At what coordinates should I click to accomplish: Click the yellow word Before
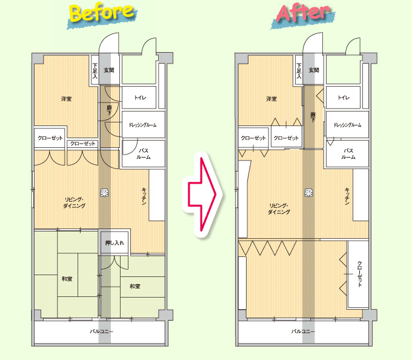pyautogui.click(x=102, y=13)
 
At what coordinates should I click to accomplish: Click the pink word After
pyautogui.click(x=303, y=13)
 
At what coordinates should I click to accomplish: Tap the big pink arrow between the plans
pyautogui.click(x=202, y=194)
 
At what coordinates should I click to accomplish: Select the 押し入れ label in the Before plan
pyautogui.click(x=115, y=243)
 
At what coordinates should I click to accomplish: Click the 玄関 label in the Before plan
pyautogui.click(x=109, y=70)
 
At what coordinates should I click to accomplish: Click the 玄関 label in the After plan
pyautogui.click(x=314, y=70)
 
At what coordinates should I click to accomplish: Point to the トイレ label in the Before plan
pyautogui.click(x=140, y=98)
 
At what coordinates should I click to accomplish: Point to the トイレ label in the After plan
pyautogui.click(x=344, y=98)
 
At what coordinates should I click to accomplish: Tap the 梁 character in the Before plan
pyautogui.click(x=104, y=193)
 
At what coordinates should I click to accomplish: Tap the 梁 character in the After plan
pyautogui.click(x=309, y=193)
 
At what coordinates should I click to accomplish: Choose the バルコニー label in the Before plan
pyautogui.click(x=101, y=332)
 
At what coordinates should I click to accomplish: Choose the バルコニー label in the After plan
pyautogui.click(x=303, y=332)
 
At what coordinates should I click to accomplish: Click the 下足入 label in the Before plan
pyautogui.click(x=95, y=71)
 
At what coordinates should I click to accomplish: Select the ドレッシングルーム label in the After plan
pyautogui.click(x=347, y=125)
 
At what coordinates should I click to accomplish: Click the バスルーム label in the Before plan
pyautogui.click(x=144, y=154)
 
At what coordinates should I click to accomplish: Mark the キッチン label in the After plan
pyautogui.click(x=347, y=196)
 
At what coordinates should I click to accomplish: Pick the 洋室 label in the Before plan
pyautogui.click(x=66, y=99)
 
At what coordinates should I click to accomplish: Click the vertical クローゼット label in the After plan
pyautogui.click(x=359, y=274)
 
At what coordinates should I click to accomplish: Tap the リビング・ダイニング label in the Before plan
pyautogui.click(x=75, y=202)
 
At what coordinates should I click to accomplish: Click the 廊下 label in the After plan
pyautogui.click(x=313, y=117)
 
